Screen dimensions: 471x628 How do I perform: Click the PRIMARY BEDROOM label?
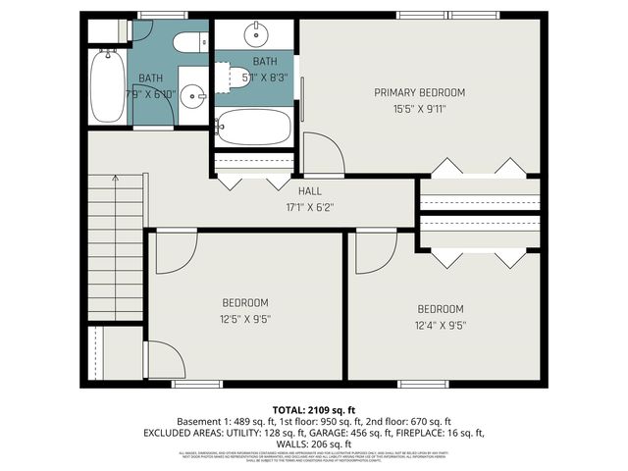pyautogui.click(x=419, y=92)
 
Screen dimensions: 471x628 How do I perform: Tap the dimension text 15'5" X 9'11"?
pyautogui.click(x=419, y=109)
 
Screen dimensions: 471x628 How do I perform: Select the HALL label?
pyautogui.click(x=310, y=191)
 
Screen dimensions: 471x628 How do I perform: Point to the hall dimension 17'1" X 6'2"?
pyautogui.click(x=310, y=207)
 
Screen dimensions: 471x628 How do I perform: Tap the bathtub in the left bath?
pyautogui.click(x=106, y=85)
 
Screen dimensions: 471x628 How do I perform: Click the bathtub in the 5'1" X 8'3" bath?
pyautogui.click(x=253, y=128)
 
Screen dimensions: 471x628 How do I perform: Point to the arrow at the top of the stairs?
pyautogui.click(x=116, y=179)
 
